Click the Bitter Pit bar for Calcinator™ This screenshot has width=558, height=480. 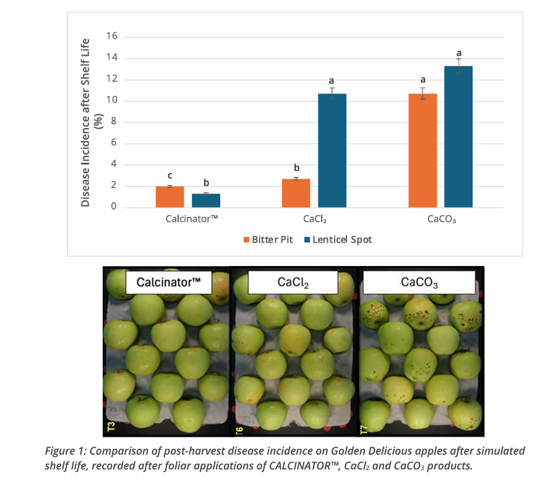coord(170,197)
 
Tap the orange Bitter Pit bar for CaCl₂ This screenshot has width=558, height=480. coord(296,193)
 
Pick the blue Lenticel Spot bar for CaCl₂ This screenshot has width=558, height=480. coord(332,150)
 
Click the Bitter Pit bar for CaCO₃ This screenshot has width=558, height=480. coord(423,150)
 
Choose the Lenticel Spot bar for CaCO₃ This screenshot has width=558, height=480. coord(458,137)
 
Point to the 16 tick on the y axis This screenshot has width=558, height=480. coord(113,37)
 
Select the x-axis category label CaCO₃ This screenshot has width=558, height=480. coord(440,219)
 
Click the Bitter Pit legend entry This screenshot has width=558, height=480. coord(267,239)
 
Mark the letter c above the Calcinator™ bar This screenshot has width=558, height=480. coord(170,176)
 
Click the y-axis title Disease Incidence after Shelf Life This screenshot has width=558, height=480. coord(91,122)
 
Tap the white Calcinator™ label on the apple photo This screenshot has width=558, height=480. coord(169,283)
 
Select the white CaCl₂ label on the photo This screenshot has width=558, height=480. coord(293,283)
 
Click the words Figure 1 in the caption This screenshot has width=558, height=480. coord(66,451)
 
